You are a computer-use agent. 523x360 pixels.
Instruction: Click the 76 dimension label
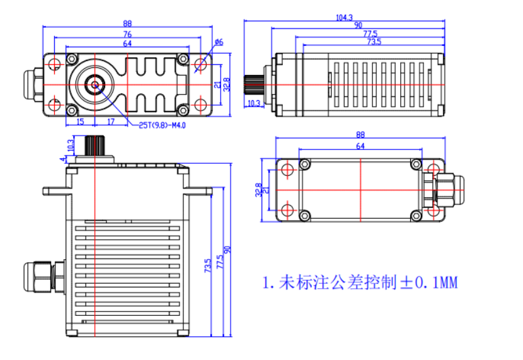(127, 33)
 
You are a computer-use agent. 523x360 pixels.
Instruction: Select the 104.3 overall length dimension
(344, 18)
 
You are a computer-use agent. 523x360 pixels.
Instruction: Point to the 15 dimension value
(80, 121)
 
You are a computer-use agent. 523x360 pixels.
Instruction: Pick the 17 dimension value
(110, 121)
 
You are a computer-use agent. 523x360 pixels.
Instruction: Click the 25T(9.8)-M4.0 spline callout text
(162, 125)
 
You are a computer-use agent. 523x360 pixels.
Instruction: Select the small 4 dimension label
(62, 160)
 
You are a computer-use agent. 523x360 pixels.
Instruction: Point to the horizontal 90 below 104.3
(358, 25)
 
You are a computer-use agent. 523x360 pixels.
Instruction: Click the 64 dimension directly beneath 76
(127, 44)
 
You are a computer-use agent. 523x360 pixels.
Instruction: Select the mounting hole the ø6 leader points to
(200, 64)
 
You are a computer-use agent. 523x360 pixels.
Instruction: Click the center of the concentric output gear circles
(96, 84)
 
